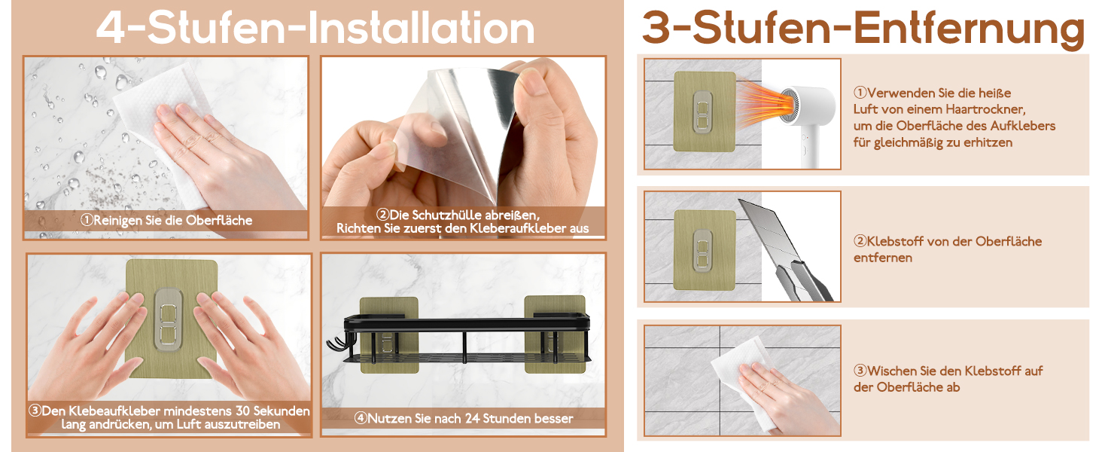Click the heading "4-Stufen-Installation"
click(315, 28)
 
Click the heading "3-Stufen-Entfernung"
click(863, 29)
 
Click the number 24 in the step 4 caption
click(472, 419)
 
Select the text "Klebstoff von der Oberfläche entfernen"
click(948, 249)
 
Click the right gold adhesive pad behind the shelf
click(555, 334)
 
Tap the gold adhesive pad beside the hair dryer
click(705, 111)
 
